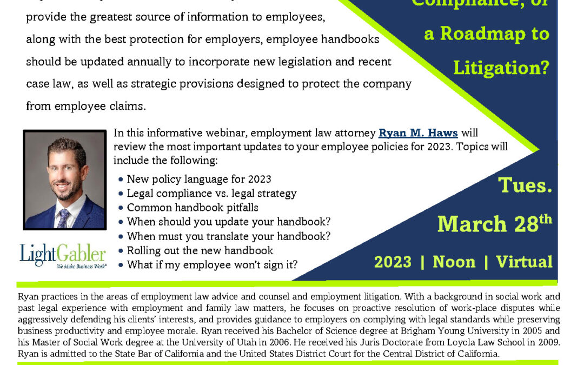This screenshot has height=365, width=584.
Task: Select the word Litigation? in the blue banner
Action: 501,68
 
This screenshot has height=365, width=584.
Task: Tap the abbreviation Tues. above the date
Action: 525,185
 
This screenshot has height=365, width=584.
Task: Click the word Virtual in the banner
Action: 524,262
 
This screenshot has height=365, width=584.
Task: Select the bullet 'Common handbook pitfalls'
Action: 193,207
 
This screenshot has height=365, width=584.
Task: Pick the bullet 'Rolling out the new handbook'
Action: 200,250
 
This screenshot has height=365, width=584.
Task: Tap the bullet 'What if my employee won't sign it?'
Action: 212,265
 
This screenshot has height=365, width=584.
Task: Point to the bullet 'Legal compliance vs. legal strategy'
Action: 211,193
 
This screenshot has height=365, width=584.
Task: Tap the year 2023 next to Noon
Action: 393,262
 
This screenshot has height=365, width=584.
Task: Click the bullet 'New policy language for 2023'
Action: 199,178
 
